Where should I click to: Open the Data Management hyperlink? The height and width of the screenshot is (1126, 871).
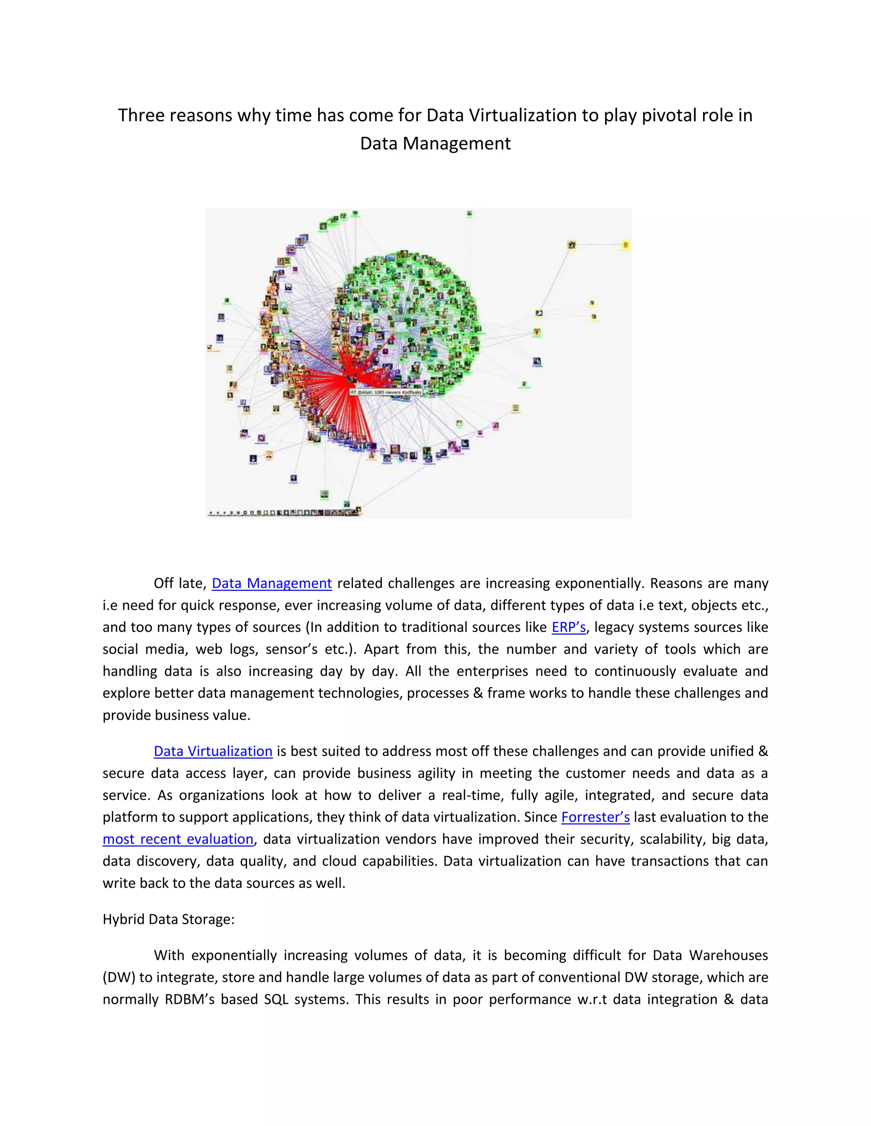click(x=271, y=583)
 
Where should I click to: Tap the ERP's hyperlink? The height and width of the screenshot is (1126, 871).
click(x=569, y=627)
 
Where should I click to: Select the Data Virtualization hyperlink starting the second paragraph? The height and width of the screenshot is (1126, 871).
click(x=213, y=751)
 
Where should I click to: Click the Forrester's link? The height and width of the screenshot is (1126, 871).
click(x=595, y=817)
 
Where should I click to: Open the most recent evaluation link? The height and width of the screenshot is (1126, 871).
click(x=178, y=839)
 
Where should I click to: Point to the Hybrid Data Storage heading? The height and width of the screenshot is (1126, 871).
click(x=168, y=919)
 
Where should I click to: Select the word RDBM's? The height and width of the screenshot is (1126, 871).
click(x=189, y=999)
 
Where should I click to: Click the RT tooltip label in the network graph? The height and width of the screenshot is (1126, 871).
click(x=386, y=392)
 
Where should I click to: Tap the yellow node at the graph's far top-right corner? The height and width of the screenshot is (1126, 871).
click(x=625, y=245)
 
